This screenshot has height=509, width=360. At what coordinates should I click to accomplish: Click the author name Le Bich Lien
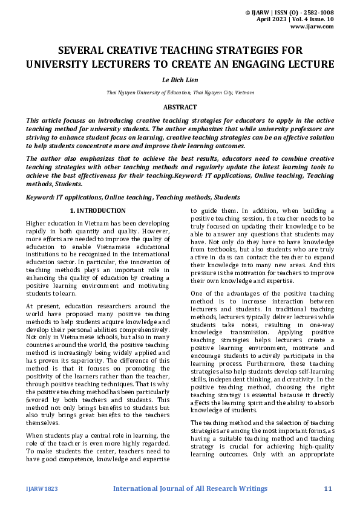coord(180,79)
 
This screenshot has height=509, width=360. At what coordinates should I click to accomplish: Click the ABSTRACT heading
coord(180,107)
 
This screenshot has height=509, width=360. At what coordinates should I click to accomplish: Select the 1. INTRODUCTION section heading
coord(98,210)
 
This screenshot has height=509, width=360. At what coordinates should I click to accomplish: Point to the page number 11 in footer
coord(329,488)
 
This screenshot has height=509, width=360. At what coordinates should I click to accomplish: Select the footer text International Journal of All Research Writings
coord(191,488)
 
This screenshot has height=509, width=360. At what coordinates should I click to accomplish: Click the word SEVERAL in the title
coord(83,50)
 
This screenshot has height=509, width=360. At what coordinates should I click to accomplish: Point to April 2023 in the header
coord(273,19)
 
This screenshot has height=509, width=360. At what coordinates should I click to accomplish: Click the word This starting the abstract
coord(34,120)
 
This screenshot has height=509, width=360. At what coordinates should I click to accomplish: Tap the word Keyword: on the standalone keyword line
coord(42,197)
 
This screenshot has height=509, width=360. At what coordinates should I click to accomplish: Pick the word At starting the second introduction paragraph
coord(30,306)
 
